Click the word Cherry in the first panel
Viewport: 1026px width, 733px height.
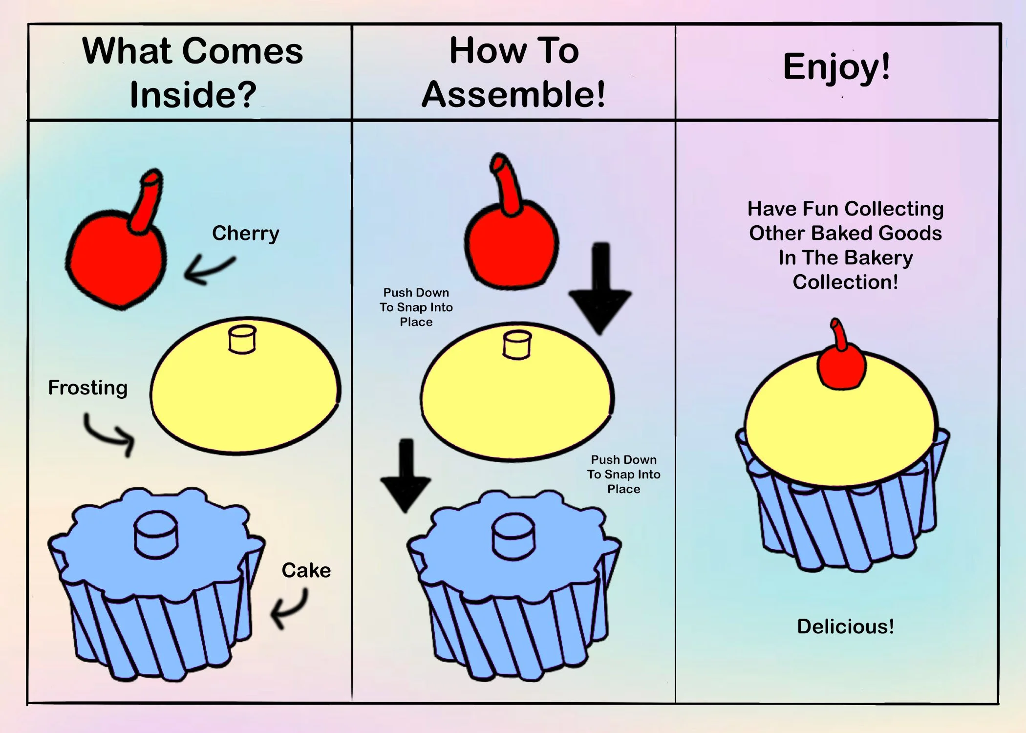pyautogui.click(x=245, y=234)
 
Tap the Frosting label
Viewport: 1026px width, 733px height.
pyautogui.click(x=88, y=388)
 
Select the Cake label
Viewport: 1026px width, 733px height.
pyautogui.click(x=306, y=570)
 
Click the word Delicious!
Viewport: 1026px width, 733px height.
pyautogui.click(x=845, y=626)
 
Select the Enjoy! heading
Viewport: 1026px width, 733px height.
pyautogui.click(x=836, y=67)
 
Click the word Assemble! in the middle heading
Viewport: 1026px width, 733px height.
pyautogui.click(x=513, y=94)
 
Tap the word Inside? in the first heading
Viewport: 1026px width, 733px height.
pyautogui.click(x=193, y=94)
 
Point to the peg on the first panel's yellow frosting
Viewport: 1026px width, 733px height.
pyautogui.click(x=242, y=339)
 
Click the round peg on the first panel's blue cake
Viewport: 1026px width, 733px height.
pyautogui.click(x=156, y=534)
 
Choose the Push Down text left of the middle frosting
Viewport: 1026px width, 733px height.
pyautogui.click(x=416, y=293)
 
